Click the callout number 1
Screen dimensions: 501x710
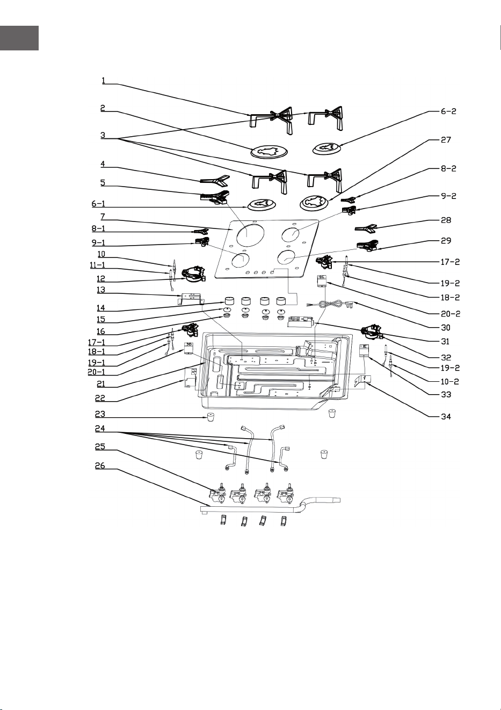tap(103, 80)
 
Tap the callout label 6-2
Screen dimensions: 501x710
tap(448, 111)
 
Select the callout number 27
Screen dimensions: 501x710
tap(446, 140)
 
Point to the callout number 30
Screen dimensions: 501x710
tap(446, 328)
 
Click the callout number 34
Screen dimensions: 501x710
tap(446, 417)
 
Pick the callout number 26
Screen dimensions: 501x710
tap(100, 465)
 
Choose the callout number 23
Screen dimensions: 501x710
tap(100, 414)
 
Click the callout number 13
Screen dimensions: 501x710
tap(100, 290)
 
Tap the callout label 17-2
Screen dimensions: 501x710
tap(450, 262)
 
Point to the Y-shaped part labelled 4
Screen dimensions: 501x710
tap(215, 180)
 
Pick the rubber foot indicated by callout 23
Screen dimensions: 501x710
tap(210, 417)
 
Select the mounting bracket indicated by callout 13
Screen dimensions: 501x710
tap(190, 299)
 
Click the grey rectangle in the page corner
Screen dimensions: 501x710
tap(19, 38)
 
